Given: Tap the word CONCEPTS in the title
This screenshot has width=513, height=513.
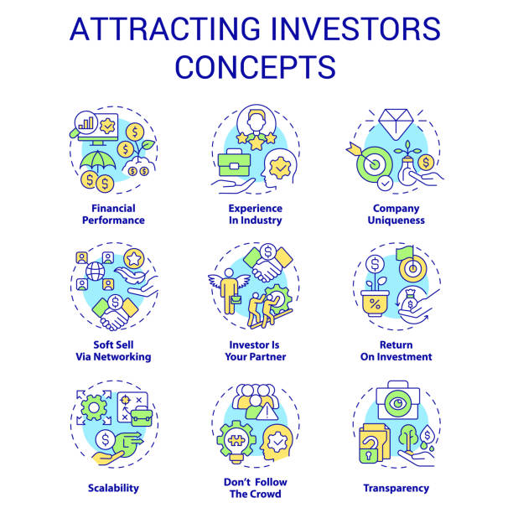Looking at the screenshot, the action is pyautogui.click(x=256, y=67).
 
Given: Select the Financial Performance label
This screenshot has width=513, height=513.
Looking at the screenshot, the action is pyautogui.click(x=113, y=215).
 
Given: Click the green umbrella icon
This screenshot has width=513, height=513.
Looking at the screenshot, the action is pyautogui.click(x=97, y=161).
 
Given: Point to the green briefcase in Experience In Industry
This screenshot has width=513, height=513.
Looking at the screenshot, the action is pyautogui.click(x=234, y=163).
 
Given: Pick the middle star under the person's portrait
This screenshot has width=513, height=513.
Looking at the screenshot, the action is pyautogui.click(x=256, y=142).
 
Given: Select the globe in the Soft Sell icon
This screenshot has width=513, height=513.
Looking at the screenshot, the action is pyautogui.click(x=95, y=272).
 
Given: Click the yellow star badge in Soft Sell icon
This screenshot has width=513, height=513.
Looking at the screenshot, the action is pyautogui.click(x=134, y=259).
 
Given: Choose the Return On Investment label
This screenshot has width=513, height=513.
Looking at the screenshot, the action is pyautogui.click(x=396, y=350).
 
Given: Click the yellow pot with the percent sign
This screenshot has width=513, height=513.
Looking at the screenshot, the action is pyautogui.click(x=375, y=303).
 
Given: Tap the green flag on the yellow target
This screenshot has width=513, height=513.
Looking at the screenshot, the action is pyautogui.click(x=405, y=253).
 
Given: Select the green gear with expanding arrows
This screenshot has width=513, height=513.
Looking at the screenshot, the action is pyautogui.click(x=94, y=407).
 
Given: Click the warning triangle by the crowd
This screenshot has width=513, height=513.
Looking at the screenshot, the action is pyautogui.click(x=267, y=412).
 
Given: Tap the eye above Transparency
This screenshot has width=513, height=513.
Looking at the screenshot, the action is pyautogui.click(x=398, y=403).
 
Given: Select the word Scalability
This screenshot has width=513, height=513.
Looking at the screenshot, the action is pyautogui.click(x=113, y=488).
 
